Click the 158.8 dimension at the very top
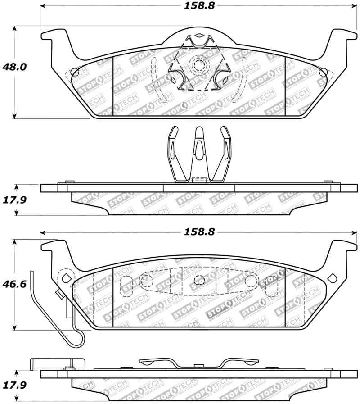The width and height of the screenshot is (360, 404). point(198,7)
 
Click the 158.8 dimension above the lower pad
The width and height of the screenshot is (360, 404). point(198,233)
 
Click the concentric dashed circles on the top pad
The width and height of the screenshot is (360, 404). point(198,66)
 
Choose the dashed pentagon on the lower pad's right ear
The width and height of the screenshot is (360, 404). point(333,277)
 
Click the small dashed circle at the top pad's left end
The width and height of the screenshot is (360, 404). point(75,72)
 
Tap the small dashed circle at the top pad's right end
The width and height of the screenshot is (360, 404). point(322,72)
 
